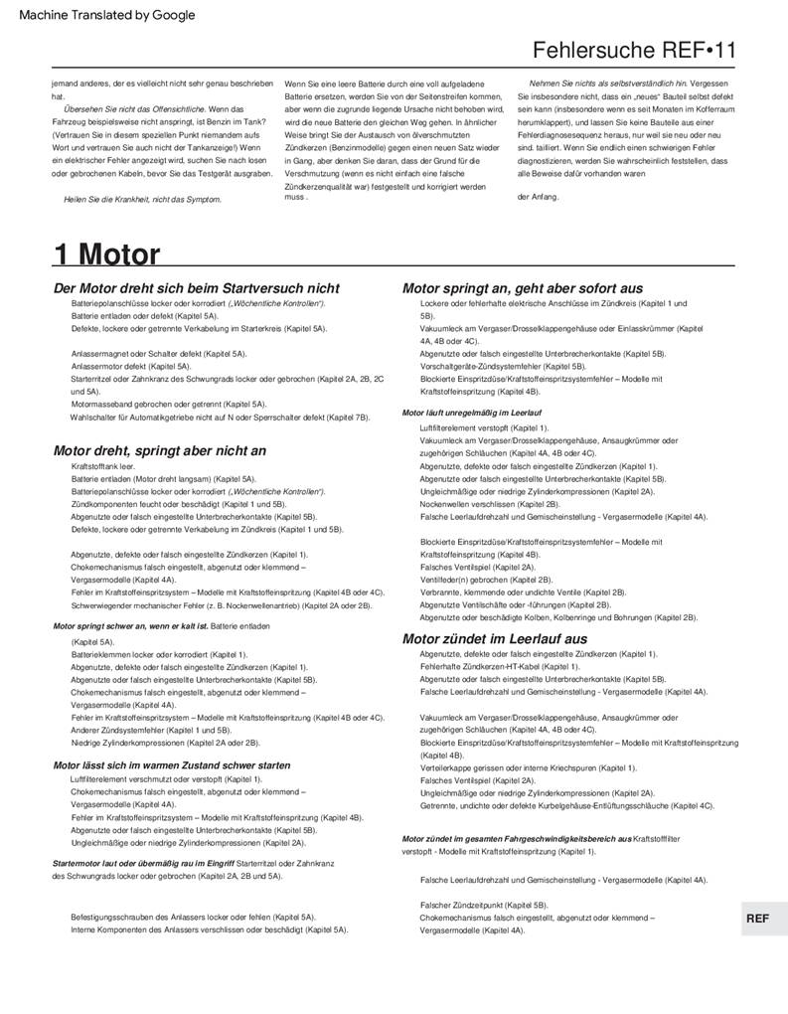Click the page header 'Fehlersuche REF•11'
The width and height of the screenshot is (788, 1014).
(636, 51)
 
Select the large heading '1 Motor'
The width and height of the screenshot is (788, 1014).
(106, 254)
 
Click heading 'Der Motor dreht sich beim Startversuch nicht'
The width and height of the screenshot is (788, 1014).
(197, 288)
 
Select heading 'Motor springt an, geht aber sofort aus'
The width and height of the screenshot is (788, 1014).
(522, 288)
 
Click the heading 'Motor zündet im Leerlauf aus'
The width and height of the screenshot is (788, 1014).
(495, 638)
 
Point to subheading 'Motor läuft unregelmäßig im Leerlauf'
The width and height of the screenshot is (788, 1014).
(472, 412)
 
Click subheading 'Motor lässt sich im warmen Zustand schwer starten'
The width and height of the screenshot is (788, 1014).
(171, 765)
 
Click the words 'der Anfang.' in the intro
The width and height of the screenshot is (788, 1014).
(539, 196)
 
